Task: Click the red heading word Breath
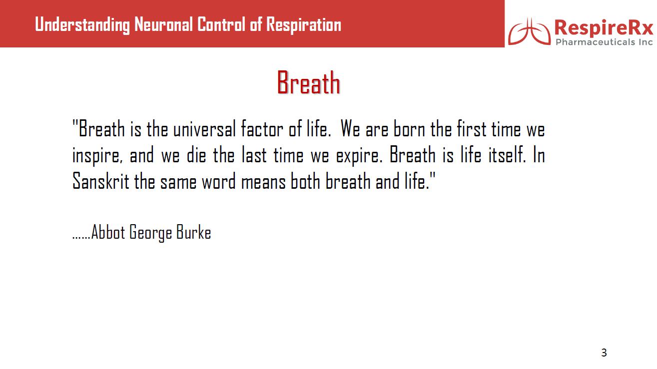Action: (x=308, y=82)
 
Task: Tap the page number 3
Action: (x=604, y=353)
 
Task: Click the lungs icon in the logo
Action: (x=530, y=31)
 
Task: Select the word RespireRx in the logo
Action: (x=604, y=28)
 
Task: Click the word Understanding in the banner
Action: (x=82, y=24)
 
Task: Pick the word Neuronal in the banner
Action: (x=163, y=24)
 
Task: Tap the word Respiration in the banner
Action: (x=304, y=24)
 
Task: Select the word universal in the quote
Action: (x=204, y=129)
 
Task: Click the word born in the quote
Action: (x=409, y=129)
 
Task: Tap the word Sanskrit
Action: (x=100, y=181)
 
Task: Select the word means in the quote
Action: (x=263, y=182)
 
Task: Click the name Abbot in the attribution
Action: (x=108, y=232)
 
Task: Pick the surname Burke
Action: (x=193, y=232)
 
